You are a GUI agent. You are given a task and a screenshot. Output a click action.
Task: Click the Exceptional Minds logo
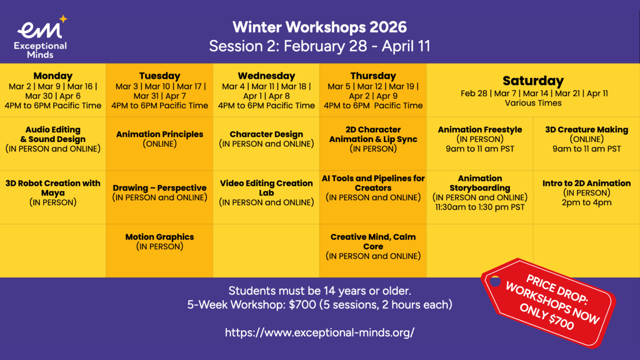pos(40,37)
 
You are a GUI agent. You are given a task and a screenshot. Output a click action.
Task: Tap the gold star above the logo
pos(63,19)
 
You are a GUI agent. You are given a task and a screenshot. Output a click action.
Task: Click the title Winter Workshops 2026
pos(320,27)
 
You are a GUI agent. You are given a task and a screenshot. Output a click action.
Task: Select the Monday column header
pos(53,76)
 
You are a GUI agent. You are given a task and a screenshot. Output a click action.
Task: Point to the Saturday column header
pos(533,81)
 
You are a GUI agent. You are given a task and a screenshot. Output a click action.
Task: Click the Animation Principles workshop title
pos(160,134)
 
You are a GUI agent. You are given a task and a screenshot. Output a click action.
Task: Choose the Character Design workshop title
pos(266,134)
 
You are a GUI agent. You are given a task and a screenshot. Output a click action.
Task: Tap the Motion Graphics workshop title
pos(160,237)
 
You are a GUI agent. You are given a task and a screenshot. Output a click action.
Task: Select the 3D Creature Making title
pos(587,130)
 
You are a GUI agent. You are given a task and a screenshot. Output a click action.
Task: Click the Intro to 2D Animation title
pos(587,183)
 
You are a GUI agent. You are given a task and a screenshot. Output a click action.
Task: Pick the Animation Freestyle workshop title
pos(480,130)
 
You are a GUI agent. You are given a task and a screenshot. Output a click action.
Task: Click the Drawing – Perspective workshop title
pos(160,188)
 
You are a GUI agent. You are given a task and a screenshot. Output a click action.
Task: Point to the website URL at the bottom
pos(320,332)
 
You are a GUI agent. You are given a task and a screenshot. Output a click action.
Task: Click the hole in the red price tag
pos(495,281)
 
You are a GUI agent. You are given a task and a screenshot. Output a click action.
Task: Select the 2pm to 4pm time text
pos(587,202)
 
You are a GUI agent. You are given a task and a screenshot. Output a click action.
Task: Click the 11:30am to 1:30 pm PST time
pos(480,207)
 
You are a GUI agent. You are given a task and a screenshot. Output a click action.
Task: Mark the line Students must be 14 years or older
pos(320,291)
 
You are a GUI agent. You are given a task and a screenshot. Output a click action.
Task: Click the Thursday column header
pos(373,76)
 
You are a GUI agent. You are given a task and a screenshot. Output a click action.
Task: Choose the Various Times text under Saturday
pos(533,103)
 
